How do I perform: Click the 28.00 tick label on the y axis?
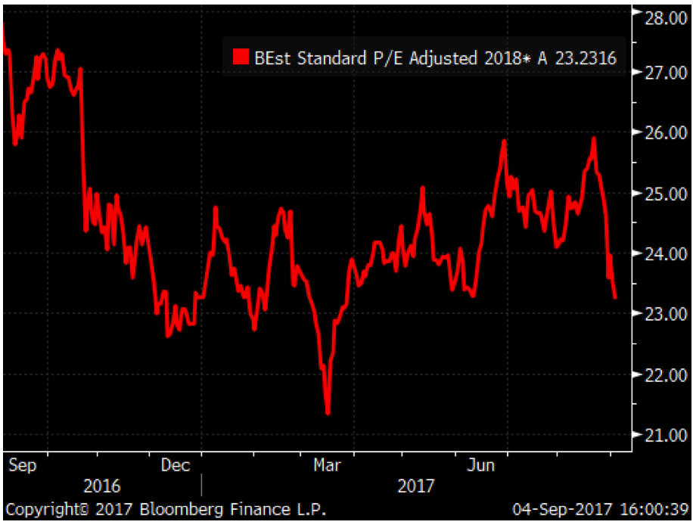pos(661,18)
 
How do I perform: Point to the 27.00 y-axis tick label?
pos(661,73)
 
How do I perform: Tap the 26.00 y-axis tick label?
pos(661,133)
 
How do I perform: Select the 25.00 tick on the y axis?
pos(661,194)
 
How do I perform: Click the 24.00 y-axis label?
pos(661,253)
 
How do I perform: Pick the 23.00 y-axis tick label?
pos(661,313)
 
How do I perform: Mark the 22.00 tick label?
pos(661,374)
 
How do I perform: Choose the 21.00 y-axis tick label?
pos(661,435)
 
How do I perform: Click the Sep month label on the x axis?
pos(23,465)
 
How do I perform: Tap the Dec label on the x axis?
pos(176,465)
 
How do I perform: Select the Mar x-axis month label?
pos(326,465)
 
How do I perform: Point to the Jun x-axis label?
pos(479,465)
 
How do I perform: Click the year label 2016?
pos(101,486)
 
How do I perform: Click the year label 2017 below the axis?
pos(416,486)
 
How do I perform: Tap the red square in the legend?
pos(241,57)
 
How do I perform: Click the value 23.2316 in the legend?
pos(586,57)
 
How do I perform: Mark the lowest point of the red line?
pos(328,413)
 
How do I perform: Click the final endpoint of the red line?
pos(614,298)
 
